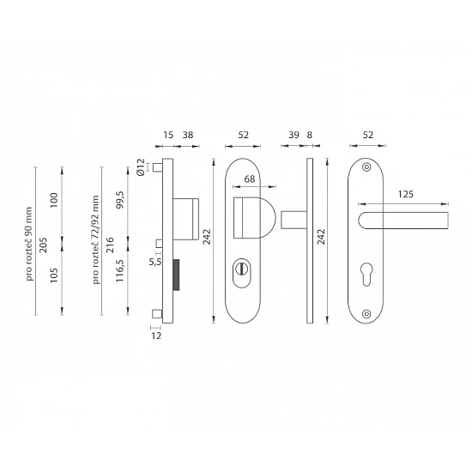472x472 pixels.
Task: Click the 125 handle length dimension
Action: pyautogui.click(x=405, y=195)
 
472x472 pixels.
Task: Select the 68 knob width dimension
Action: pyautogui.click(x=250, y=179)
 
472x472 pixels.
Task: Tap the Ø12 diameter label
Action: pyautogui.click(x=141, y=167)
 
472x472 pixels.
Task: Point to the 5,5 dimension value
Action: pyautogui.click(x=155, y=262)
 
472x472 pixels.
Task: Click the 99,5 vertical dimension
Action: pyautogui.click(x=120, y=200)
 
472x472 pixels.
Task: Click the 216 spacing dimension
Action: pyautogui.click(x=110, y=245)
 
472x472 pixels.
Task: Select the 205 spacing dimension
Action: pyautogui.click(x=44, y=245)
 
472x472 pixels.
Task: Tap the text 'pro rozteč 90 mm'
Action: pyautogui.click(x=29, y=244)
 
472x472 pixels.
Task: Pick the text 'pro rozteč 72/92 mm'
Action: pyautogui.click(x=96, y=239)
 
